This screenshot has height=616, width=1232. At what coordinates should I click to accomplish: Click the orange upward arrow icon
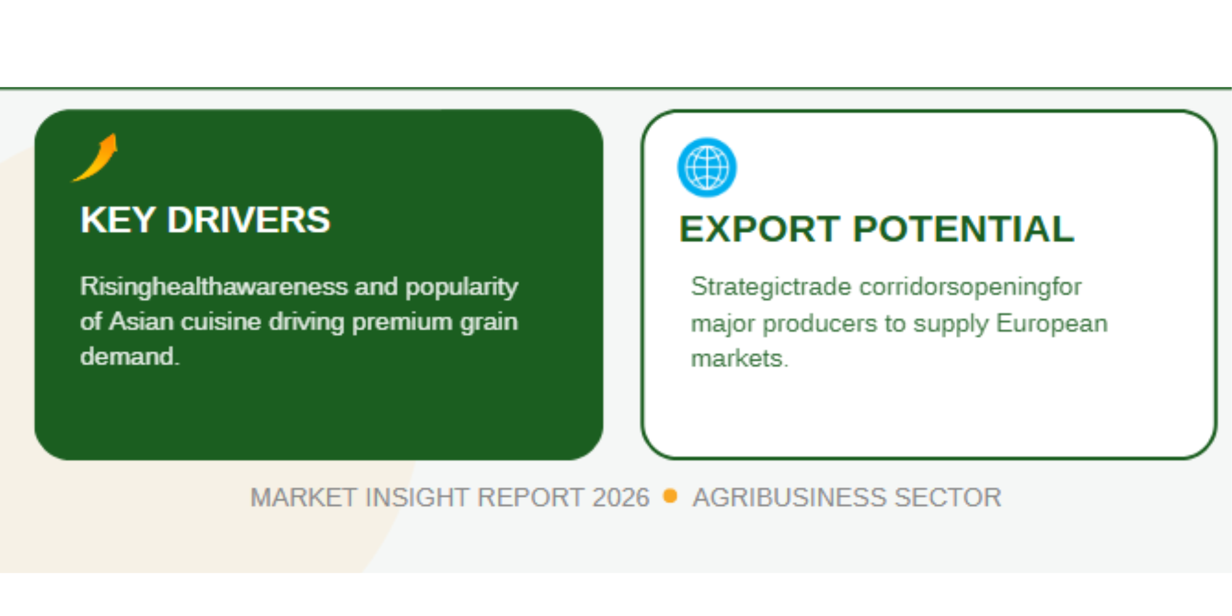pyautogui.click(x=96, y=158)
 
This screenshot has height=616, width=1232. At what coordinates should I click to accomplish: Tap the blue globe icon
pyautogui.click(x=707, y=168)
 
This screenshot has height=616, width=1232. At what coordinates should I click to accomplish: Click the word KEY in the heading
pyautogui.click(x=118, y=220)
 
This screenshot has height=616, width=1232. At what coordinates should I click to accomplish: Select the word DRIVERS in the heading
pyautogui.click(x=249, y=220)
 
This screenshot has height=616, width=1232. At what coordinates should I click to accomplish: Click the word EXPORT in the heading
pyautogui.click(x=760, y=229)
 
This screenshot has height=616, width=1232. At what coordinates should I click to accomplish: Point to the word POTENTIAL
pyautogui.click(x=964, y=229)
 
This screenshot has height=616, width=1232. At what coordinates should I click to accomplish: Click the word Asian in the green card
pyautogui.click(x=142, y=322)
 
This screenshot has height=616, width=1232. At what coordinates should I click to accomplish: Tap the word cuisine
pyautogui.click(x=221, y=322)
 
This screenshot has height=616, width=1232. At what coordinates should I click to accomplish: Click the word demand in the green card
pyautogui.click(x=128, y=357)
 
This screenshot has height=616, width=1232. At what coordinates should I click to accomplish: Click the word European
pyautogui.click(x=1052, y=324)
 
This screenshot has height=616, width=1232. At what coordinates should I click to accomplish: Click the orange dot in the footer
pyautogui.click(x=670, y=496)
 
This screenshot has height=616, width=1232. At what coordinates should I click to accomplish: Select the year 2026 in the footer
pyautogui.click(x=621, y=498)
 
